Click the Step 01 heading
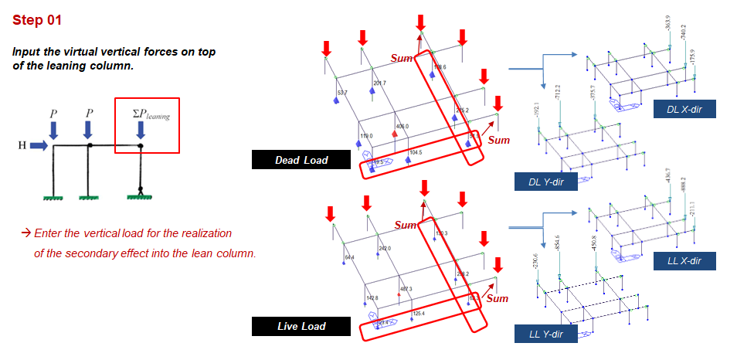[37, 20]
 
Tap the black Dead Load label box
[301, 160]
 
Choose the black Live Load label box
[301, 326]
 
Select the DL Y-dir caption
[545, 182]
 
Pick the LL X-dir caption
[684, 261]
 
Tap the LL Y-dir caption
[545, 334]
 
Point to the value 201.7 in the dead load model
[379, 83]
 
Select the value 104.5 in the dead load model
[415, 153]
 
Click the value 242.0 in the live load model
[384, 248]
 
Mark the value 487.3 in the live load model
[406, 289]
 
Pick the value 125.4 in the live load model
[419, 313]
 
